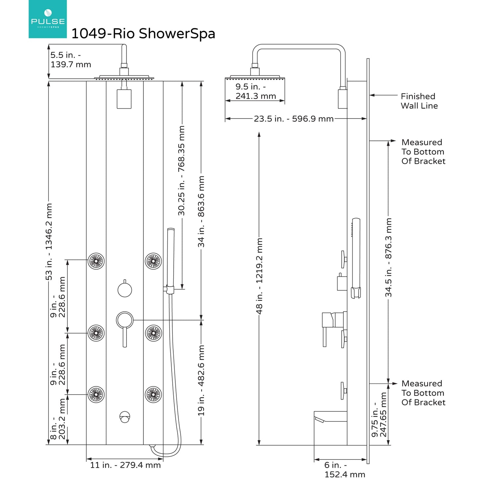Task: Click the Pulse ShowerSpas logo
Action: pos(47,19)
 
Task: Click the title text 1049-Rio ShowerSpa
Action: pos(143,34)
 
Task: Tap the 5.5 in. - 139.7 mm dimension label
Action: pos(71,60)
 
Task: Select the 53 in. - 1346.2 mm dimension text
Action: pos(49,242)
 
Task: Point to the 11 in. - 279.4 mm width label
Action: pos(125,465)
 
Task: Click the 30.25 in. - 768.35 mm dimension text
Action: pos(181,171)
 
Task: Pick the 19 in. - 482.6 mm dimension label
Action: pos(201,380)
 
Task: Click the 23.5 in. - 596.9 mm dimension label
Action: pos(293,119)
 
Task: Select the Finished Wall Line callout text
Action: pos(419,101)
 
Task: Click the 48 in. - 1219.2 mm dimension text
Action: pos(259,276)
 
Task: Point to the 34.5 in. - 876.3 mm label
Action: pos(388,257)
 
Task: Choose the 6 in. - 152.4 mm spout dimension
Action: pos(344,470)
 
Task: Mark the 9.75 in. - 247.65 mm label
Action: pos(379,415)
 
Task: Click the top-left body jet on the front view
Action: pos(96,261)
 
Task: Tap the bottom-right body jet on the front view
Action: pos(153,394)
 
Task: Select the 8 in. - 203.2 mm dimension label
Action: pos(58,419)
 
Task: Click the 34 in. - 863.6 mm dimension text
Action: pos(201,211)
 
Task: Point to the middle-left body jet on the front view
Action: pos(96,333)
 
